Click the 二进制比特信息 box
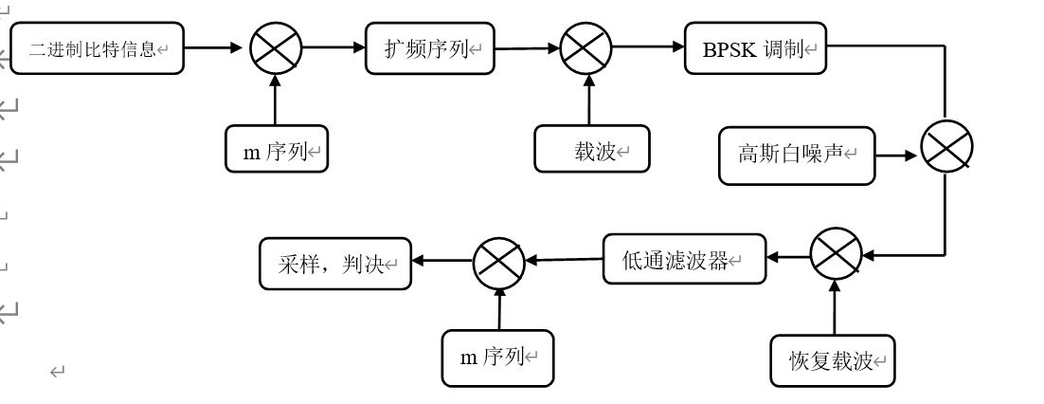point(97,48)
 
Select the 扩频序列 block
point(430,48)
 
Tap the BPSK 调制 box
point(755,48)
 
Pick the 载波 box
point(592,149)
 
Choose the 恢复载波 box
point(833,360)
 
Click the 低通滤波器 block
point(684,259)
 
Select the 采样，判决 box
point(335,264)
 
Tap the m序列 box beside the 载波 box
point(277,149)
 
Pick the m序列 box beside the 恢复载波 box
point(497,358)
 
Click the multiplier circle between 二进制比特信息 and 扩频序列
point(276,47)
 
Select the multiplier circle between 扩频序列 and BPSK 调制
point(586,47)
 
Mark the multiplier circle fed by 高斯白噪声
point(946,148)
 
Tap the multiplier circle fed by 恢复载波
point(836,254)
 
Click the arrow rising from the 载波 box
point(588,100)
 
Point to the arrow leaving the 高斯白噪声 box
point(897,155)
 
